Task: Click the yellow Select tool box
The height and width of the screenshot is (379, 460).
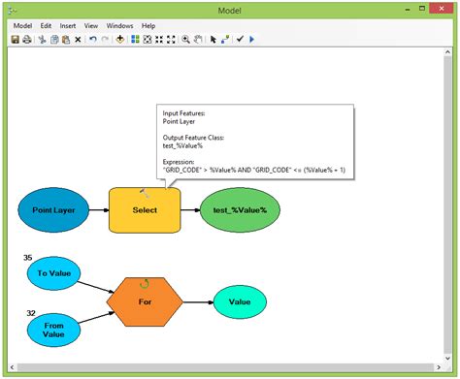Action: point(144,209)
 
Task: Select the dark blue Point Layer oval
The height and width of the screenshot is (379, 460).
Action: point(53,209)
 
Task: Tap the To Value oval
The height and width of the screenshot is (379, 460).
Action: point(53,273)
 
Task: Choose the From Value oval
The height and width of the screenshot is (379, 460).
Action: point(53,331)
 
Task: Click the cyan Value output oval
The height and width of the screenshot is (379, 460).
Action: point(239,301)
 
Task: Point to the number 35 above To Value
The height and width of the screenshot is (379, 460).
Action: point(27,258)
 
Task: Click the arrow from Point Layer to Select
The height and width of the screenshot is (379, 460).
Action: point(97,209)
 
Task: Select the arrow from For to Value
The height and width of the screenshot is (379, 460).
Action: point(197,301)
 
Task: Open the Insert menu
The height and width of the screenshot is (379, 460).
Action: point(68,25)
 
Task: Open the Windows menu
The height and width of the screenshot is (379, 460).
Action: point(119,25)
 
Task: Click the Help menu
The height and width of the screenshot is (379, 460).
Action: point(148,25)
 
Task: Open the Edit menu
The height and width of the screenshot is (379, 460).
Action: point(46,25)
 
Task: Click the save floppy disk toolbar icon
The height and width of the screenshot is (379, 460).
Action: point(16,40)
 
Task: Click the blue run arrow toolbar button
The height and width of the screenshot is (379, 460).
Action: point(252,40)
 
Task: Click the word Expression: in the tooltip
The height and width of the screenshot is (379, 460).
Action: point(181,161)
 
